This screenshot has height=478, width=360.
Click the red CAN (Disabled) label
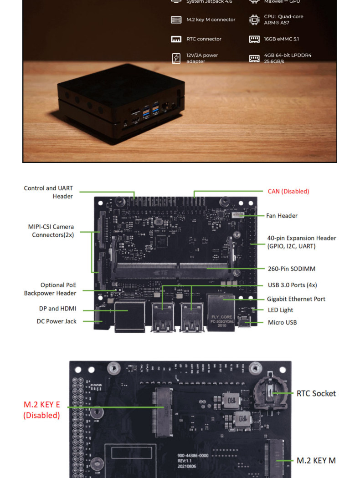click(x=288, y=191)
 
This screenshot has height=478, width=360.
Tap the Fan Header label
click(x=282, y=216)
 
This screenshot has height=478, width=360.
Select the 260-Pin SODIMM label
click(x=291, y=269)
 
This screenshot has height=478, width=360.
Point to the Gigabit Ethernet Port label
click(x=296, y=299)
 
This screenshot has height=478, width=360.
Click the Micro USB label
click(x=283, y=322)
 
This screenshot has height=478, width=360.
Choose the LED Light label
click(x=280, y=310)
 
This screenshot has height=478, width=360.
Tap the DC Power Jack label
click(x=57, y=321)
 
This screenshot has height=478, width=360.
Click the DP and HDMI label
click(x=58, y=309)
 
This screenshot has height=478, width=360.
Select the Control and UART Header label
click(x=48, y=192)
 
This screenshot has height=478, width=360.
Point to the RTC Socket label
click(x=316, y=393)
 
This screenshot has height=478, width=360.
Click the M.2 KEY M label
click(x=316, y=461)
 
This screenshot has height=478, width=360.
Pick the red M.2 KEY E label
click(x=41, y=410)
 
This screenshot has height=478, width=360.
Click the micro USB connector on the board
click(x=247, y=323)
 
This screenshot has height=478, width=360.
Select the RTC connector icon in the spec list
click(x=176, y=39)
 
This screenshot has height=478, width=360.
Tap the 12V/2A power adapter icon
click(x=176, y=58)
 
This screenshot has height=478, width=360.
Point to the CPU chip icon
click(x=254, y=20)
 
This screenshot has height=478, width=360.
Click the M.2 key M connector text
click(x=211, y=20)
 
